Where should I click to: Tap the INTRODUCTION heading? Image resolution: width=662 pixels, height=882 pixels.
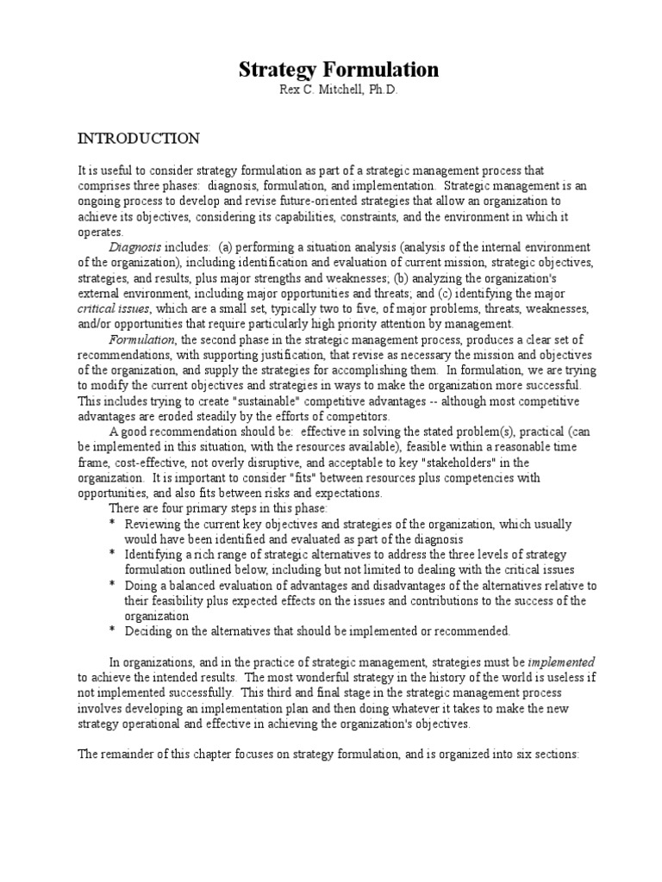click(139, 139)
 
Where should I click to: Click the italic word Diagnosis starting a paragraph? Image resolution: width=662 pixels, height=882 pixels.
click(134, 247)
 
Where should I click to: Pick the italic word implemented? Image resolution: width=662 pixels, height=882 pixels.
click(561, 661)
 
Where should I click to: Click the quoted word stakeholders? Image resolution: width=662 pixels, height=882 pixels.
click(449, 463)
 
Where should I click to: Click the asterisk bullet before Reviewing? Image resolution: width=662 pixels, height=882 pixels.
click(112, 525)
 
